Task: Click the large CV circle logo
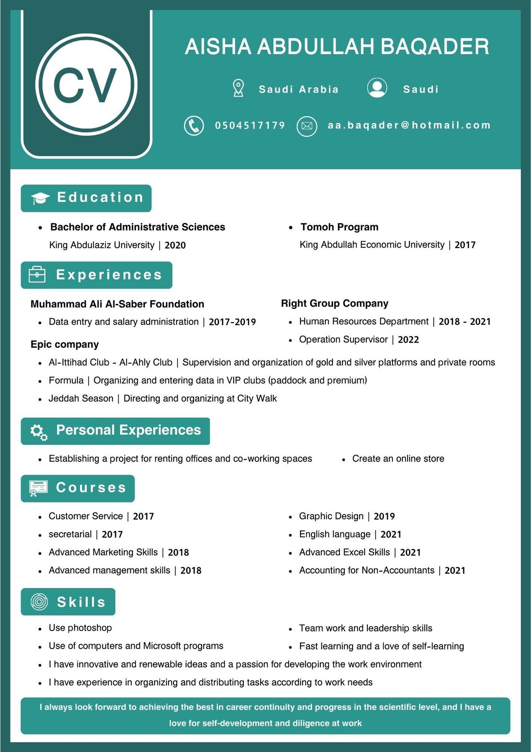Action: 86,85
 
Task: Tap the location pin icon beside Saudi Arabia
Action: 239,88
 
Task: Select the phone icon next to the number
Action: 194,126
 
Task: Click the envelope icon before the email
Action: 307,126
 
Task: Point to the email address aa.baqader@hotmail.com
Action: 409,125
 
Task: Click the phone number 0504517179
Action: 250,125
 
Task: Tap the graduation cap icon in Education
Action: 40,199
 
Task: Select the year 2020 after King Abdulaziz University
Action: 175,245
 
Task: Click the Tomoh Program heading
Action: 339,227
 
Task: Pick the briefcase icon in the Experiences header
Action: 37,275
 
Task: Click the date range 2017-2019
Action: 232,322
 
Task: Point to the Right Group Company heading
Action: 335,304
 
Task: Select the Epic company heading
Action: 65,344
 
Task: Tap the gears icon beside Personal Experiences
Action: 38,432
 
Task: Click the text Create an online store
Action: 398,459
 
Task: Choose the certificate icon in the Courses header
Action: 38,488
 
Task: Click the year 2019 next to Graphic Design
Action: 384,516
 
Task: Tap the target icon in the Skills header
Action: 39,602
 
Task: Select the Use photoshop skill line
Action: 80,628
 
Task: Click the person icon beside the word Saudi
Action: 377,88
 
